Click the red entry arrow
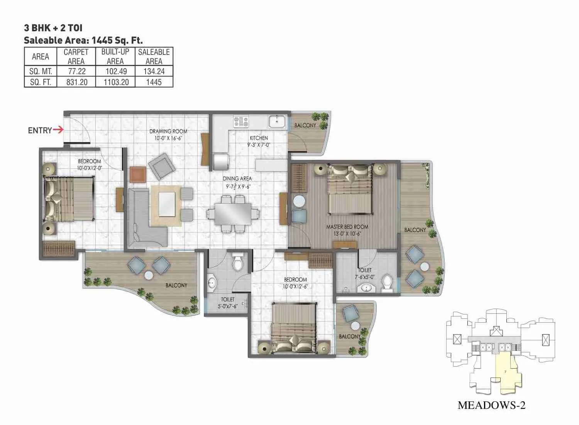click(x=58, y=130)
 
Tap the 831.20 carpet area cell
click(x=76, y=82)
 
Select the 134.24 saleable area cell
click(x=154, y=71)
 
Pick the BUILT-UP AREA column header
click(x=115, y=56)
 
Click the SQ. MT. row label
click(x=41, y=71)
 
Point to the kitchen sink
click(x=277, y=121)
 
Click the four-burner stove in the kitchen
click(x=241, y=121)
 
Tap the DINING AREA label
click(x=237, y=178)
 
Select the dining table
click(x=233, y=214)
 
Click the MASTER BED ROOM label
click(x=347, y=227)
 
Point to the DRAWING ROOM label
click(x=168, y=131)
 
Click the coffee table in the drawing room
click(x=166, y=205)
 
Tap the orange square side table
click(x=138, y=174)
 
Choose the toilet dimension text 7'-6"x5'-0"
click(x=364, y=277)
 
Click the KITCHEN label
click(x=259, y=138)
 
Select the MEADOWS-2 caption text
click(x=491, y=405)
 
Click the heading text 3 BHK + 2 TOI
click(x=53, y=28)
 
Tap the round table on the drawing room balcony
click(x=149, y=275)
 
